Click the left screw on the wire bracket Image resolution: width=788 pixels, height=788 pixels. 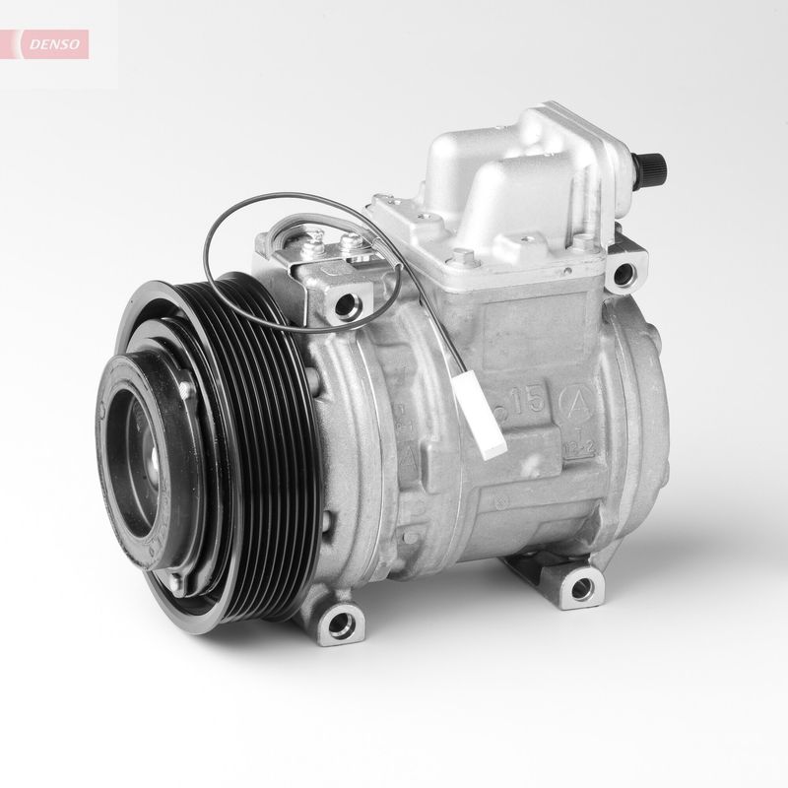point(314,235)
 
